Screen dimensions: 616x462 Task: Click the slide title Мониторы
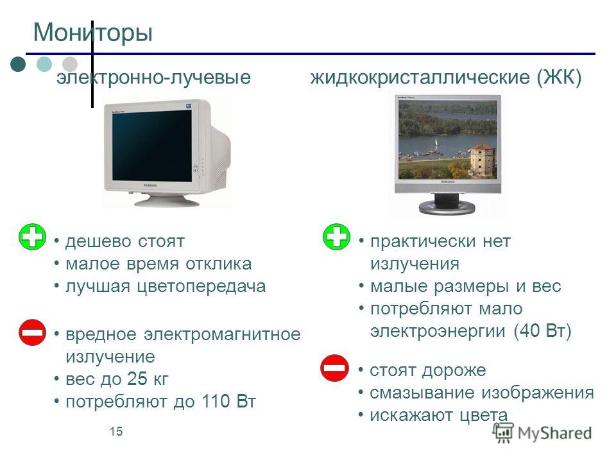tap(92, 33)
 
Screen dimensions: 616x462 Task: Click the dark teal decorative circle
tap(18, 64)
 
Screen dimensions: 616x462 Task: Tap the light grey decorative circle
tap(70, 64)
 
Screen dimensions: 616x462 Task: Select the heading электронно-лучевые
tap(153, 78)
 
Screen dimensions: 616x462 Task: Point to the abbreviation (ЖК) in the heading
tap(559, 77)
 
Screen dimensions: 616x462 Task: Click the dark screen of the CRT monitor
tap(151, 145)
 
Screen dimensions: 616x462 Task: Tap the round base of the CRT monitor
tap(167, 201)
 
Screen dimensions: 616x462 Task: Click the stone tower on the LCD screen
tap(482, 160)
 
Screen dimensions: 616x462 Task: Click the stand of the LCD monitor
tap(447, 203)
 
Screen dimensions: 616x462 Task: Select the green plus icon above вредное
tap(32, 237)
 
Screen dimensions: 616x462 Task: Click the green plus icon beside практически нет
tap(336, 237)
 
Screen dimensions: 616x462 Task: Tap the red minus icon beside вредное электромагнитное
tap(32, 332)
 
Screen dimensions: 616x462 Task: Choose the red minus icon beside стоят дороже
tap(334, 368)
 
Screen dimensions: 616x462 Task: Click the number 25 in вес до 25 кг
tap(137, 379)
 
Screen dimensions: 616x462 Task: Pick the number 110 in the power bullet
tap(216, 401)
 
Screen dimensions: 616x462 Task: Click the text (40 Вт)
tap(543, 331)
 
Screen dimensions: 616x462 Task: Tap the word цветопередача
tap(201, 287)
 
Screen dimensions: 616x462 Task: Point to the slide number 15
tap(116, 431)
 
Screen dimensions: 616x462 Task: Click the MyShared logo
tap(543, 433)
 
